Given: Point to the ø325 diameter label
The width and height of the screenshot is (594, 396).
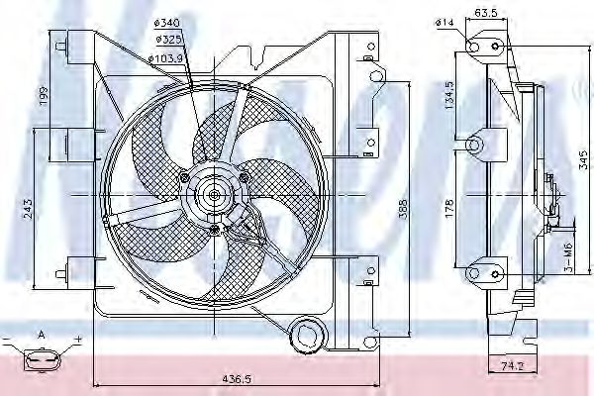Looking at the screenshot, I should coord(167,39).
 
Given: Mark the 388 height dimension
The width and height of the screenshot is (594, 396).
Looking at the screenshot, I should coord(401,212).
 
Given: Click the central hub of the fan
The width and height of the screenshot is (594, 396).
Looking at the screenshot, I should coord(213,194).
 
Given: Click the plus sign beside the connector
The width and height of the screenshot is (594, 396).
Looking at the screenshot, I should coord(76,340).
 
